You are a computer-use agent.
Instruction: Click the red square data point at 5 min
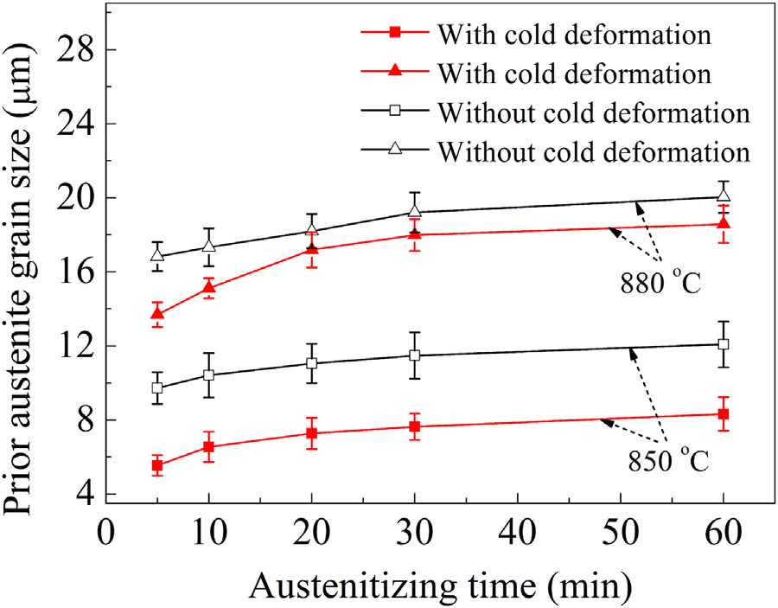pyautogui.click(x=157, y=466)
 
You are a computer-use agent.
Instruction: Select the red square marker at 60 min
pyautogui.click(x=724, y=414)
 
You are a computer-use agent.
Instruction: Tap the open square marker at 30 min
pyautogui.click(x=415, y=355)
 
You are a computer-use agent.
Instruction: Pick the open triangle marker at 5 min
pyautogui.click(x=157, y=255)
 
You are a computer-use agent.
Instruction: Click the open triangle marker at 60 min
pyautogui.click(x=724, y=195)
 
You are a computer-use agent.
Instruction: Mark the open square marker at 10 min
pyautogui.click(x=208, y=375)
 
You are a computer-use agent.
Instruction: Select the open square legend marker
pyautogui.click(x=394, y=112)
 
